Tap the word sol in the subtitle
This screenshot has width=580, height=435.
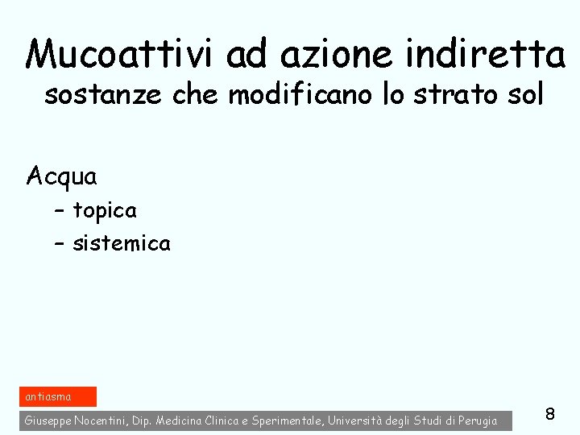tap(524, 95)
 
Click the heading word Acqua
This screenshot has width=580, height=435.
tap(61, 176)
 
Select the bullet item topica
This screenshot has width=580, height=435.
tap(105, 211)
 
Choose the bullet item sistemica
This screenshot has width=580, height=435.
tap(122, 243)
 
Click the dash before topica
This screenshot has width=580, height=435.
tap(60, 212)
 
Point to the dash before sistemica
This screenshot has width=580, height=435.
tap(60, 244)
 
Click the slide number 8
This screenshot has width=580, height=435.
tap(550, 414)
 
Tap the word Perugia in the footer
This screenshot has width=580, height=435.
tap(479, 420)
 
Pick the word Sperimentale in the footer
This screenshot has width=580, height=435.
tap(286, 420)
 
